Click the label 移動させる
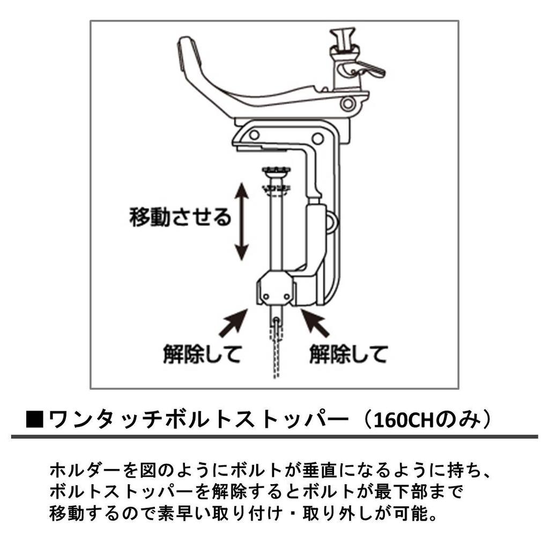[x=180, y=217]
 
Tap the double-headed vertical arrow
[x=242, y=221]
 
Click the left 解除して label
[x=202, y=353]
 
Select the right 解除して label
[x=348, y=353]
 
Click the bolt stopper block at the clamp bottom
[x=276, y=289]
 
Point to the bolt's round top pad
[x=277, y=171]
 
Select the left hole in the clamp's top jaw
[x=254, y=135]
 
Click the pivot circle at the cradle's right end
[x=348, y=103]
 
